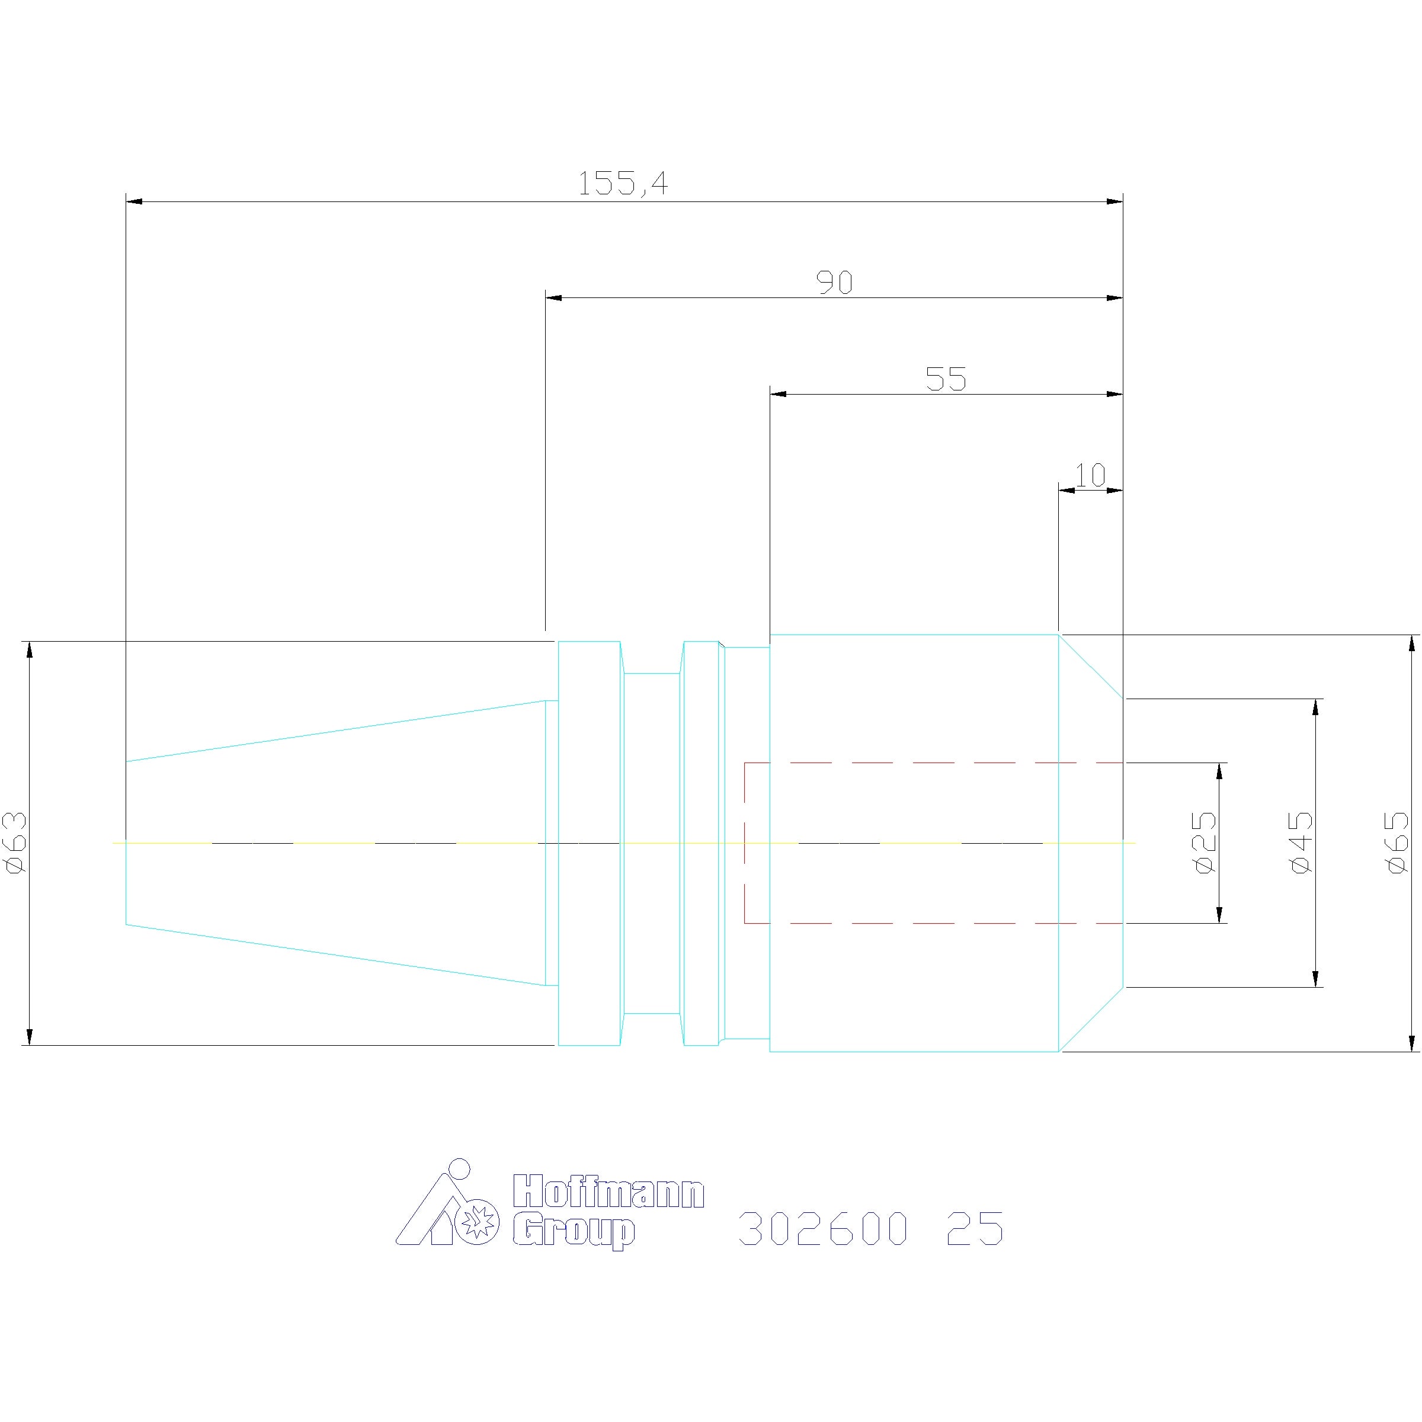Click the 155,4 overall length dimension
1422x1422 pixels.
pyautogui.click(x=623, y=183)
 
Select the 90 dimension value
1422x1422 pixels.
pyautogui.click(x=835, y=282)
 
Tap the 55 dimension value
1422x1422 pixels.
pyautogui.click(x=946, y=379)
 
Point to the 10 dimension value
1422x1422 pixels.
pyautogui.click(x=1090, y=475)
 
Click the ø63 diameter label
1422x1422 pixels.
pyautogui.click(x=16, y=842)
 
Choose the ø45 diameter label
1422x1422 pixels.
pyautogui.click(x=1301, y=842)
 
